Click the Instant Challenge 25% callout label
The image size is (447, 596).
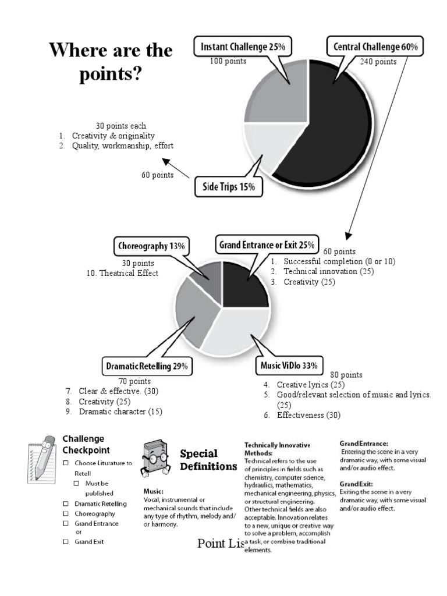click(243, 46)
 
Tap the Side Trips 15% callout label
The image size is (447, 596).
click(228, 187)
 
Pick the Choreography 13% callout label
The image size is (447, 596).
click(151, 246)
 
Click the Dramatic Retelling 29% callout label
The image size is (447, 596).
click(147, 367)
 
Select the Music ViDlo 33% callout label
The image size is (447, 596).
click(289, 366)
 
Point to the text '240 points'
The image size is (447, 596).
click(378, 62)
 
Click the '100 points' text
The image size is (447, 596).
click(228, 61)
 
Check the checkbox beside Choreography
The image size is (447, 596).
click(66, 514)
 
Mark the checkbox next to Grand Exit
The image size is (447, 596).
click(66, 542)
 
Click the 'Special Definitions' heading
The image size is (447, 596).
click(200, 460)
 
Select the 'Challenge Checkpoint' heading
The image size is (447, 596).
click(86, 444)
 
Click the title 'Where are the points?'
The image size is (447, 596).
click(111, 62)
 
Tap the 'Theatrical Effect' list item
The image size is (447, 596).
click(129, 272)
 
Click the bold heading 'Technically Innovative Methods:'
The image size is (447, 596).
click(277, 449)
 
